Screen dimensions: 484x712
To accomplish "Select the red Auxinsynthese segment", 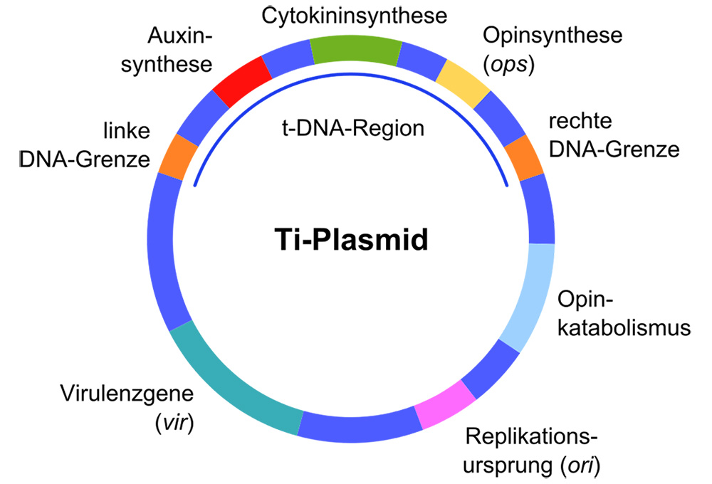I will coord(243,80).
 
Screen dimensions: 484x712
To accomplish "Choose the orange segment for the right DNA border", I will coord(524,157).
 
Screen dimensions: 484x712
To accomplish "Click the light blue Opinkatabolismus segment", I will coord(530,295).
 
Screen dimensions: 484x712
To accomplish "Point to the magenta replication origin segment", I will coord(445,406).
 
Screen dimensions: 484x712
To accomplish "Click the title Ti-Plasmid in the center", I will coord(352,241).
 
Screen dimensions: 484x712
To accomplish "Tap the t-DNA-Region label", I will coord(350,129).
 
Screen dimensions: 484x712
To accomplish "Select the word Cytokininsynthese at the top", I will coord(354,14).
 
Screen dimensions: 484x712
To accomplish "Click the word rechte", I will coord(580,120).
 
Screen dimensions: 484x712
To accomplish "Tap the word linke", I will coord(125,132).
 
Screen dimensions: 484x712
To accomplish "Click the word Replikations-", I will coord(530,436).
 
